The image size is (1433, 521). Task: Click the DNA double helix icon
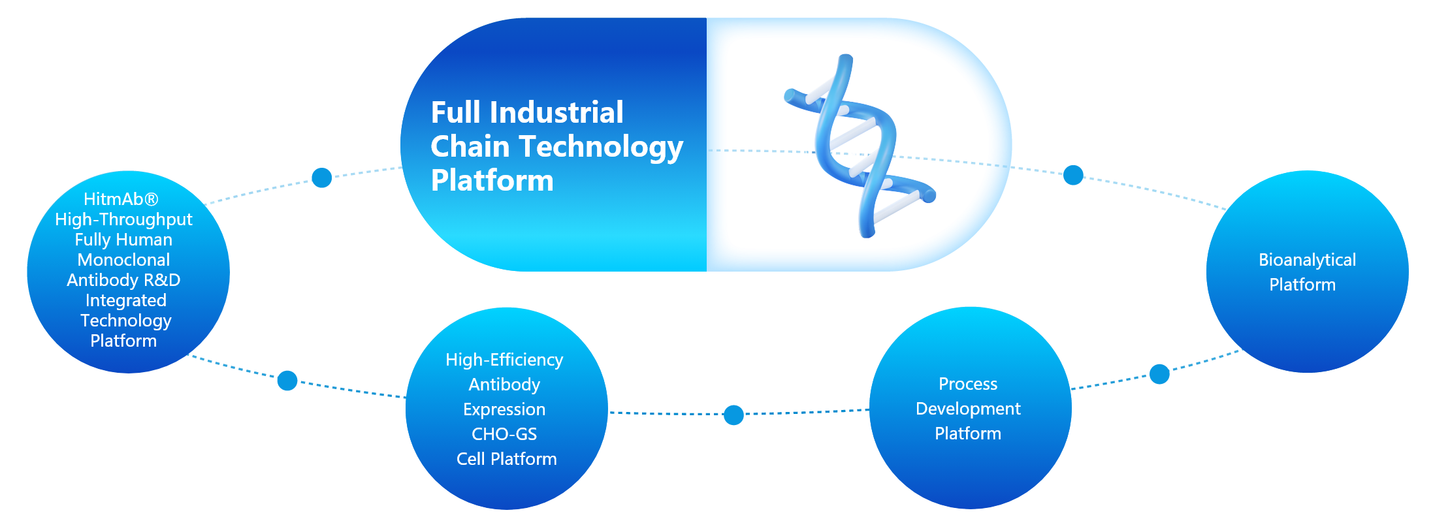click(860, 146)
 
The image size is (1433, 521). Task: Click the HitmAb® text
click(121, 199)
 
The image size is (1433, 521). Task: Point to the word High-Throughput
click(123, 219)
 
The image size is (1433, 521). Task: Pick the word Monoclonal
click(123, 260)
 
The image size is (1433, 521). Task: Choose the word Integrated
click(126, 300)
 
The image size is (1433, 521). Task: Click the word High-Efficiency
click(504, 360)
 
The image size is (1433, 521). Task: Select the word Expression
click(504, 409)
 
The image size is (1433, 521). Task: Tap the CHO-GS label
click(504, 434)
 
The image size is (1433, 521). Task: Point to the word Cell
click(471, 459)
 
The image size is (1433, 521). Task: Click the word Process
click(968, 384)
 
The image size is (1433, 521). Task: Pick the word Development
click(968, 409)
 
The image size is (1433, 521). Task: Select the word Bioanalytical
click(1308, 260)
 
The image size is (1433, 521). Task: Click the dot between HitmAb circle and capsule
click(321, 177)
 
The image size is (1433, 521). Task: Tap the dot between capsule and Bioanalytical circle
click(1073, 175)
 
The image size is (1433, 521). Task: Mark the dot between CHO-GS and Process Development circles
click(734, 415)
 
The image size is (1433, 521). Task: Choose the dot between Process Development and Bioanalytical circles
click(1159, 374)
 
